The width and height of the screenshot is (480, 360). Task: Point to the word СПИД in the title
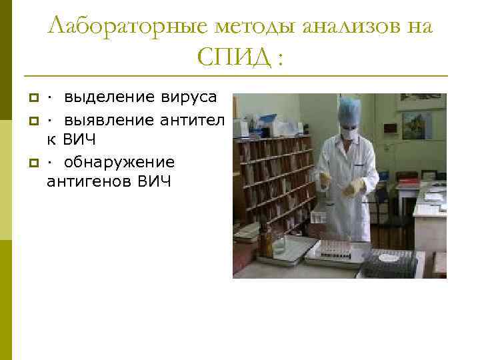click(x=233, y=59)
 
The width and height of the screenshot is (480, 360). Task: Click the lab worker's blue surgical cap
click(x=349, y=108)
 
